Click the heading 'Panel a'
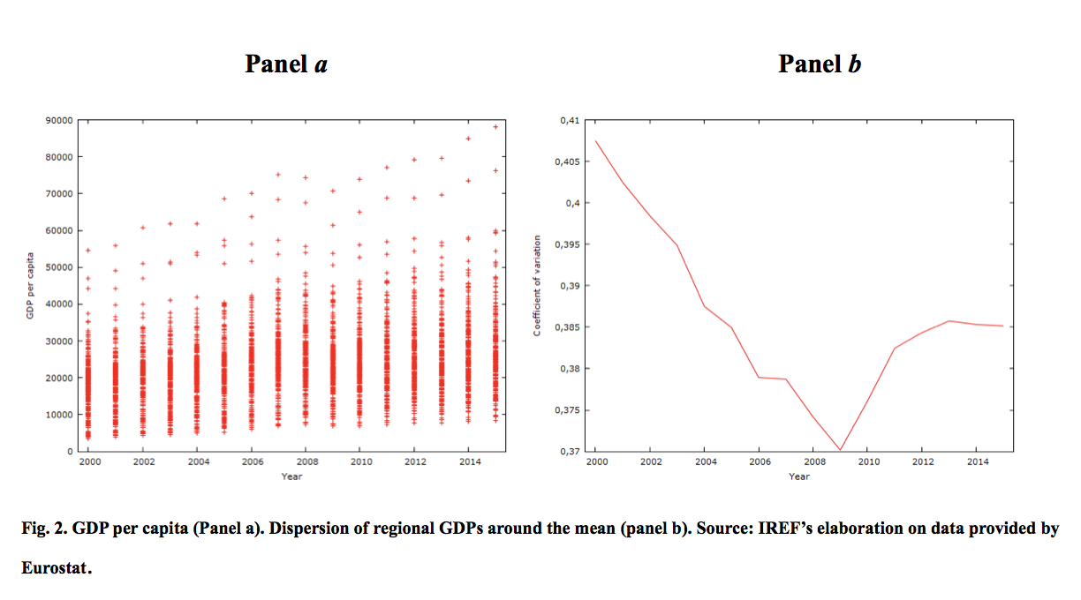(x=286, y=64)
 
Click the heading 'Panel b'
(x=820, y=64)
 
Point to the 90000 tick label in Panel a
(x=59, y=120)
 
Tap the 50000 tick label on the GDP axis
(x=59, y=267)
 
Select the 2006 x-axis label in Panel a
(x=253, y=462)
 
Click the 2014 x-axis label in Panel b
(x=978, y=462)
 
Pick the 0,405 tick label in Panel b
(x=567, y=161)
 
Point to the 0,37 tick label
(x=570, y=452)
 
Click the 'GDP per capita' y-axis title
(x=30, y=286)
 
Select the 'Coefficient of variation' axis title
(x=537, y=286)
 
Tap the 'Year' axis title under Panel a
(x=291, y=476)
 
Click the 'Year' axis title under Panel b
(x=799, y=476)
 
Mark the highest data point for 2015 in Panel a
(x=495, y=127)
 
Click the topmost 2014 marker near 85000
(x=468, y=139)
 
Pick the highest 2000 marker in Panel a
(x=87, y=251)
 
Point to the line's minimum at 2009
(x=840, y=450)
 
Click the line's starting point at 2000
(x=595, y=141)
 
